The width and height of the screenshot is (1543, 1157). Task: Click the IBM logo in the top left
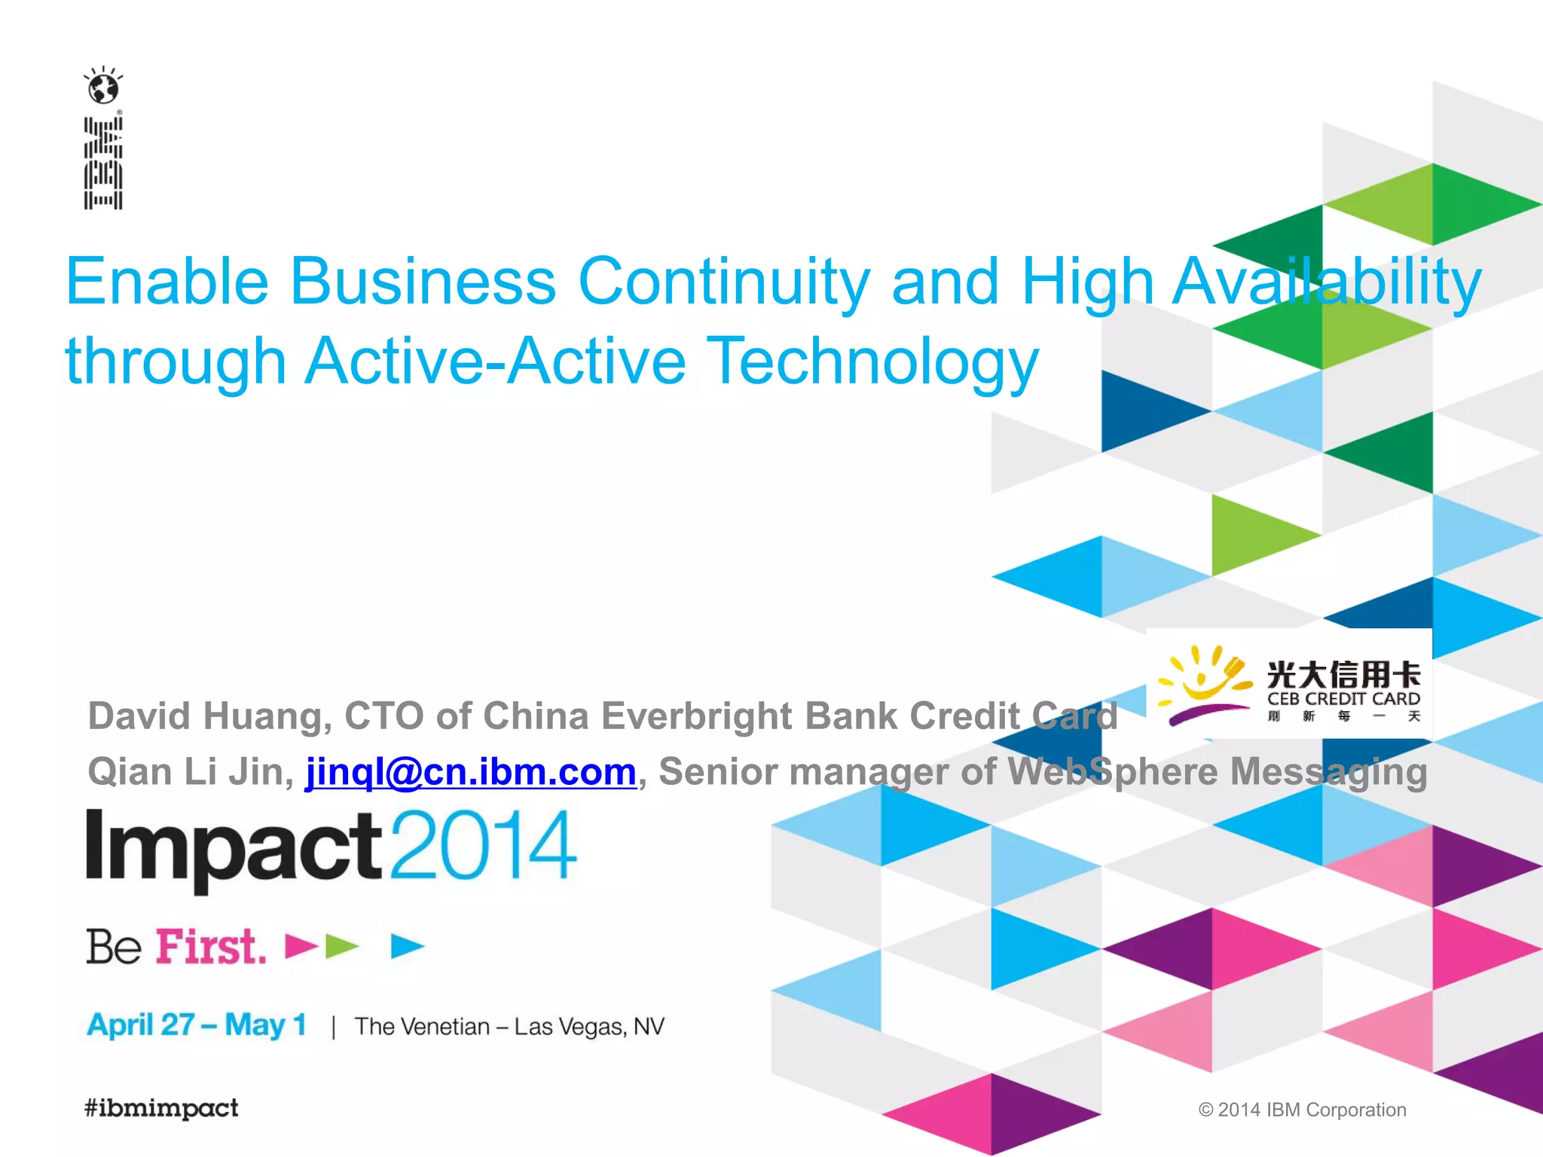point(103,162)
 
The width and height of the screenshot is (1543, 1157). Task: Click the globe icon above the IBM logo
point(103,87)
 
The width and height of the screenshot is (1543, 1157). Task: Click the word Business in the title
point(423,282)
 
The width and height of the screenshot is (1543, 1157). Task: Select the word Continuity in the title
point(724,282)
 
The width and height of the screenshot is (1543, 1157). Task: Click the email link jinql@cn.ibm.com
point(471,772)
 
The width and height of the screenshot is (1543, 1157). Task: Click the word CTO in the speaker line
point(383,716)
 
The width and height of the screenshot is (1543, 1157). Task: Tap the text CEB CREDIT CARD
point(1343,699)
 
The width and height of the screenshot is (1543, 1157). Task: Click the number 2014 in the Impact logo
point(483,845)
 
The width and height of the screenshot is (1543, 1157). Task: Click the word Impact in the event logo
point(234,847)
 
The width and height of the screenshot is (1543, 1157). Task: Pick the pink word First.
point(211,947)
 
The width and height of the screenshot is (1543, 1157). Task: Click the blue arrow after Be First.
point(407,946)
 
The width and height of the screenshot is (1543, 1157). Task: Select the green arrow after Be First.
point(341,946)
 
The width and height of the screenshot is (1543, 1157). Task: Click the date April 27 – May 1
point(197,1025)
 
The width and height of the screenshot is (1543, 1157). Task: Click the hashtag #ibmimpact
point(161,1108)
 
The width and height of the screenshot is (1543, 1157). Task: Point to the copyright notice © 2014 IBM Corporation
point(1302,1110)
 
